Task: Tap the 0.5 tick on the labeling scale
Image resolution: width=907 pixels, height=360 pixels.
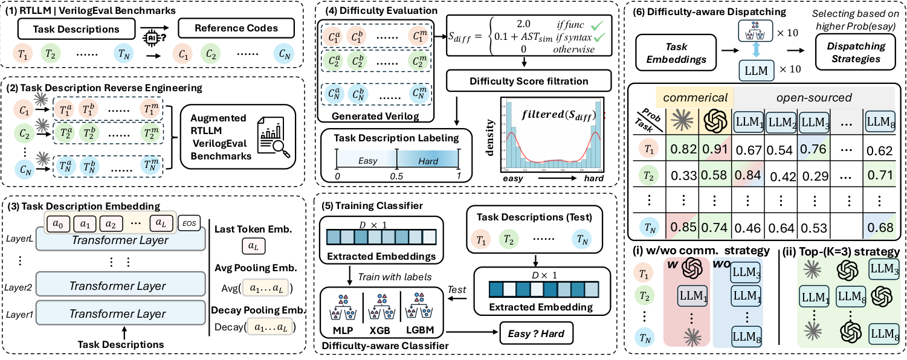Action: point(396,175)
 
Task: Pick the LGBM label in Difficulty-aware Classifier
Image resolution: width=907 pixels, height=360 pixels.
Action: point(425,332)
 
